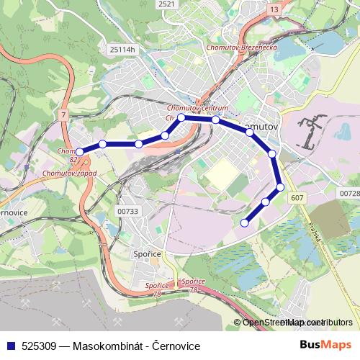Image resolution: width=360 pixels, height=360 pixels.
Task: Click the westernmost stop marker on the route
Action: (80, 151)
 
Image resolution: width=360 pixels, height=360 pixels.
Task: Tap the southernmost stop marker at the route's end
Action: (244, 223)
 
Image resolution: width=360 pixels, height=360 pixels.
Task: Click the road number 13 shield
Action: (274, 9)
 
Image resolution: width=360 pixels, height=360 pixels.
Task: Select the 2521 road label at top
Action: (166, 4)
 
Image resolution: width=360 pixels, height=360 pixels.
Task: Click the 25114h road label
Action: (122, 49)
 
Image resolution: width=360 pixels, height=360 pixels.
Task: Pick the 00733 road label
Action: (127, 210)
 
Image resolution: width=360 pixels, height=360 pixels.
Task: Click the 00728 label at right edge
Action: (348, 194)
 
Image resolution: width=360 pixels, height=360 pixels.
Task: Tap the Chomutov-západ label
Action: (69, 174)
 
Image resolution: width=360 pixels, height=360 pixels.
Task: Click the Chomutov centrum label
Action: (197, 108)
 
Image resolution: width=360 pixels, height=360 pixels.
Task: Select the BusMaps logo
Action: (326, 346)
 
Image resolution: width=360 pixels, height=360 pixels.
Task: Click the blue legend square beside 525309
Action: (10, 346)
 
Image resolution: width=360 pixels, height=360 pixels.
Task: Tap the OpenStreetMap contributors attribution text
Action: (288, 323)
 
